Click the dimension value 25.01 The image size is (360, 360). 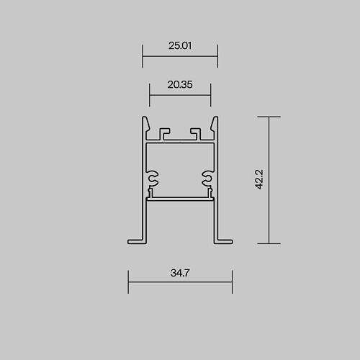180,45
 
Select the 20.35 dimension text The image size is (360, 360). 180,84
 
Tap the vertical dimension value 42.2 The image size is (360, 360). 259,179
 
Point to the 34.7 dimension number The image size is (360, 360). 180,273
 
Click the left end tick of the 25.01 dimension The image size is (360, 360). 143,56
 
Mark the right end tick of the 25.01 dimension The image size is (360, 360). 217,56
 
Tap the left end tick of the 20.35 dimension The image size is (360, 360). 149,95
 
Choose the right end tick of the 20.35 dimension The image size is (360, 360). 210,95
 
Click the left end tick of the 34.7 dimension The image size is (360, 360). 128,282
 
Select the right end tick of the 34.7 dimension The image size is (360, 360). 232,282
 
